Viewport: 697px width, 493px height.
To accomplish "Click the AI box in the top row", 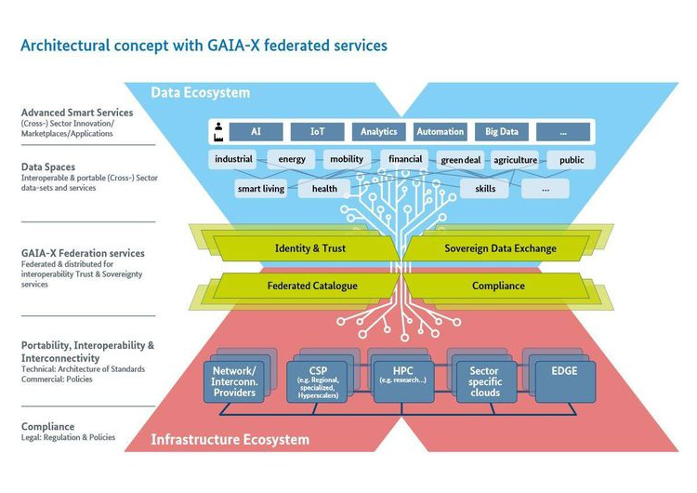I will pyautogui.click(x=256, y=132).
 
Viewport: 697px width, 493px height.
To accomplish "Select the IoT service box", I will pyautogui.click(x=317, y=132).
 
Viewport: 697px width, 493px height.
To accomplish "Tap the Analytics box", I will pyautogui.click(x=378, y=132).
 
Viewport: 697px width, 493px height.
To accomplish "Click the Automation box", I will pyautogui.click(x=440, y=132).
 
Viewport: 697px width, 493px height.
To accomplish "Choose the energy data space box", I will pyautogui.click(x=292, y=159).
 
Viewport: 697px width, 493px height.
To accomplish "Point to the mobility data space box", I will pyautogui.click(x=347, y=159).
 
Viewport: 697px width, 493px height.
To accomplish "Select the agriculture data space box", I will pyautogui.click(x=515, y=160).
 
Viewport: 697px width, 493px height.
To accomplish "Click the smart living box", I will pyautogui.click(x=261, y=189).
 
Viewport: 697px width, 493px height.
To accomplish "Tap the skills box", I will pyautogui.click(x=484, y=189).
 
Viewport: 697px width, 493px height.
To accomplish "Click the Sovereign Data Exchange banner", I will pyautogui.click(x=500, y=248).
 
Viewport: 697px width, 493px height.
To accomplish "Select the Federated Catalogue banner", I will pyautogui.click(x=311, y=286).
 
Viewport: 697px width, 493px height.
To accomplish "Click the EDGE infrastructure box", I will pyautogui.click(x=565, y=376).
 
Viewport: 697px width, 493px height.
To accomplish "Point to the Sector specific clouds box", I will pyautogui.click(x=484, y=381).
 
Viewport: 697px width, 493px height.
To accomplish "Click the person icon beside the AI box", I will pyautogui.click(x=217, y=132).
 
